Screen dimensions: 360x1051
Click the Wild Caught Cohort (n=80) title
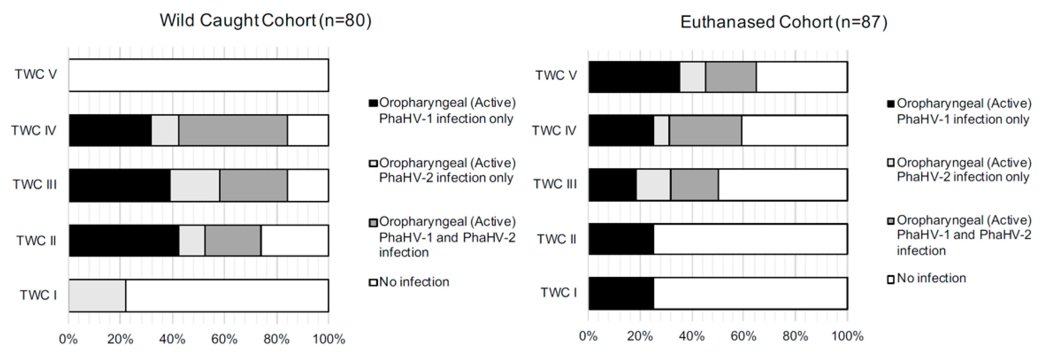tap(266, 20)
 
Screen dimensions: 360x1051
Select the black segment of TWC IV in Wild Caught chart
tap(110, 130)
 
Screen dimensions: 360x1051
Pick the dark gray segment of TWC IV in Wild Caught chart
tap(233, 130)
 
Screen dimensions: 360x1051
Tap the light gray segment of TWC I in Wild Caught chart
tap(97, 296)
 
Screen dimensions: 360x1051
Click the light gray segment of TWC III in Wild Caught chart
tap(195, 185)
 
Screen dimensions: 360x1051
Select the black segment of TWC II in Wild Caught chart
tap(124, 240)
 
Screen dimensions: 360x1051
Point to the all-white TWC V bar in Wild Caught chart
tap(199, 75)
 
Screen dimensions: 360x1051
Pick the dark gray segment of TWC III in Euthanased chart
tap(695, 185)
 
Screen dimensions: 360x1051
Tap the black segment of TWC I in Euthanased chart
tap(621, 293)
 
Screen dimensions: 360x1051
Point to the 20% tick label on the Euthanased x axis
tap(640, 336)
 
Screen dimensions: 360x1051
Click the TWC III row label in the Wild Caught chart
tap(35, 185)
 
